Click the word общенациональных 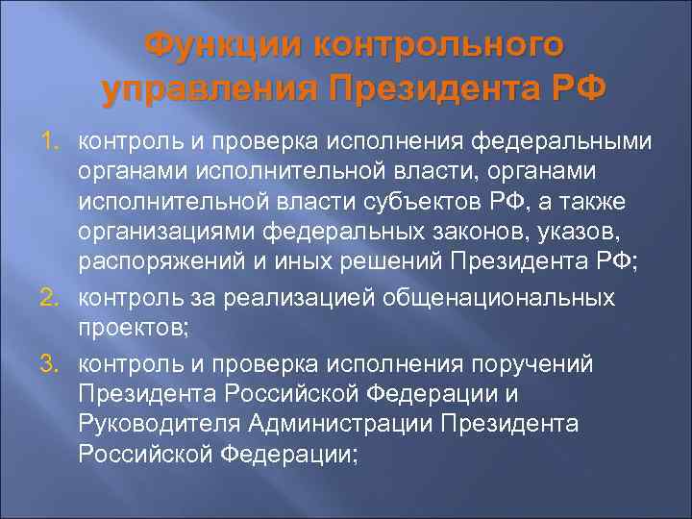(x=507, y=298)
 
